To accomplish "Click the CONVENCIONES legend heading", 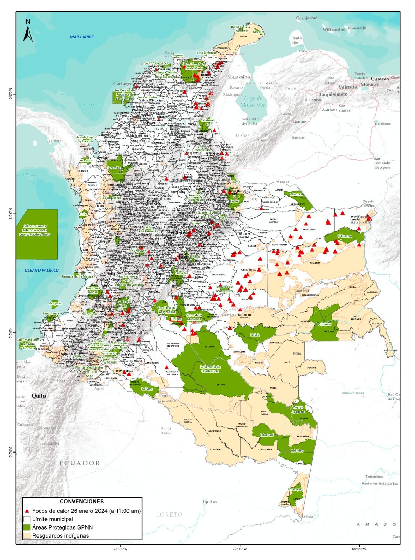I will pyautogui.click(x=82, y=502).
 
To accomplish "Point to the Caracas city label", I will pyautogui.click(x=380, y=79).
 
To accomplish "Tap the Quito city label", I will pyautogui.click(x=39, y=396).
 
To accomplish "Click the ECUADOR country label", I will pyautogui.click(x=80, y=463).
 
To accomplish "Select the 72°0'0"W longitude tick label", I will pyautogui.click(x=240, y=548).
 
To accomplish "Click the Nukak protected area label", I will pyautogui.click(x=255, y=335).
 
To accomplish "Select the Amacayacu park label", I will pyautogui.click(x=295, y=489).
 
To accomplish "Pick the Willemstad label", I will pyautogui.click(x=334, y=29).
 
